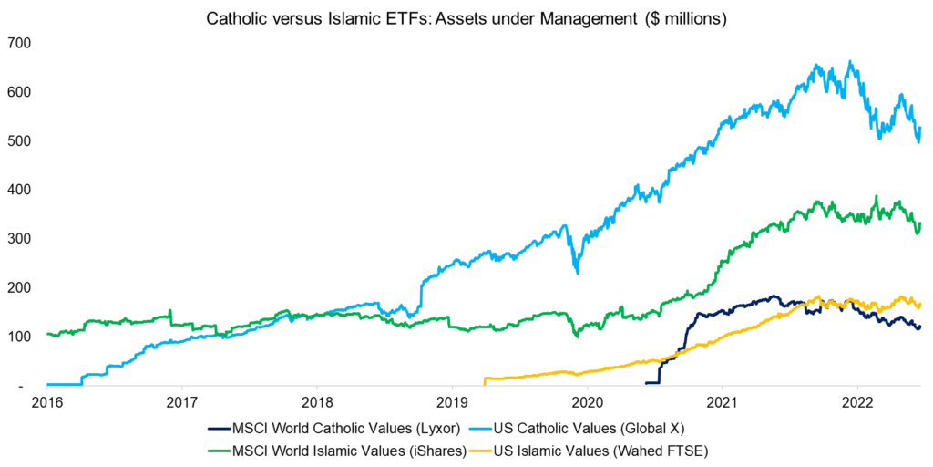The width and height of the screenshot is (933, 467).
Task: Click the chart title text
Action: (466, 17)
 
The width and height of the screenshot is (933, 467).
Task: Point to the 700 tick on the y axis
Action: (19, 43)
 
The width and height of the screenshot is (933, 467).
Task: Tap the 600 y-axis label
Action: (19, 92)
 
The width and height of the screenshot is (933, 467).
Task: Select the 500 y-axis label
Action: (19, 140)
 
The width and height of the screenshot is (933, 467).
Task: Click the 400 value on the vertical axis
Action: (19, 190)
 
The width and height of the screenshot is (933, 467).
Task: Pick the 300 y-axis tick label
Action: (19, 238)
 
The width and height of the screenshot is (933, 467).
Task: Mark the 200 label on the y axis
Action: (19, 287)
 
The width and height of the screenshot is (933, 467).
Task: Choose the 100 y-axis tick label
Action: (19, 337)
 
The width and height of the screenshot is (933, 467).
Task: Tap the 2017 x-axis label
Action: (182, 402)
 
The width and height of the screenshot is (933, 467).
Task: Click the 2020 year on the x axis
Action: (588, 402)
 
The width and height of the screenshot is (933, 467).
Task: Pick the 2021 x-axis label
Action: (723, 402)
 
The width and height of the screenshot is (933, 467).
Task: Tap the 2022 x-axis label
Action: (857, 402)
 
